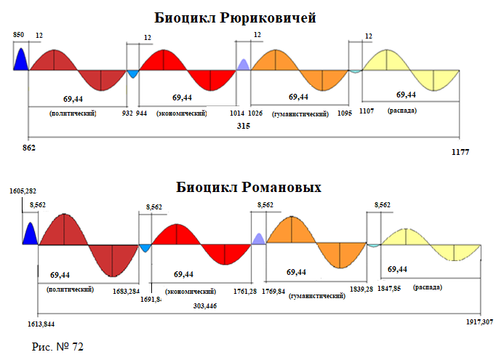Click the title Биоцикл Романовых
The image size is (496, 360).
click(249, 188)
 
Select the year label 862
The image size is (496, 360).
click(30, 148)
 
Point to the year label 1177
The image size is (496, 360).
click(460, 152)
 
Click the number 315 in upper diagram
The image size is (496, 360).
click(244, 126)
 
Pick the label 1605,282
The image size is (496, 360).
click(23, 191)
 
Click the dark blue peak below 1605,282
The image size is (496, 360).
click(30, 234)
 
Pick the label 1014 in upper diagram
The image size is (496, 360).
click(237, 113)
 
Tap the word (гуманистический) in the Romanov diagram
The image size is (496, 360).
click(316, 297)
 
